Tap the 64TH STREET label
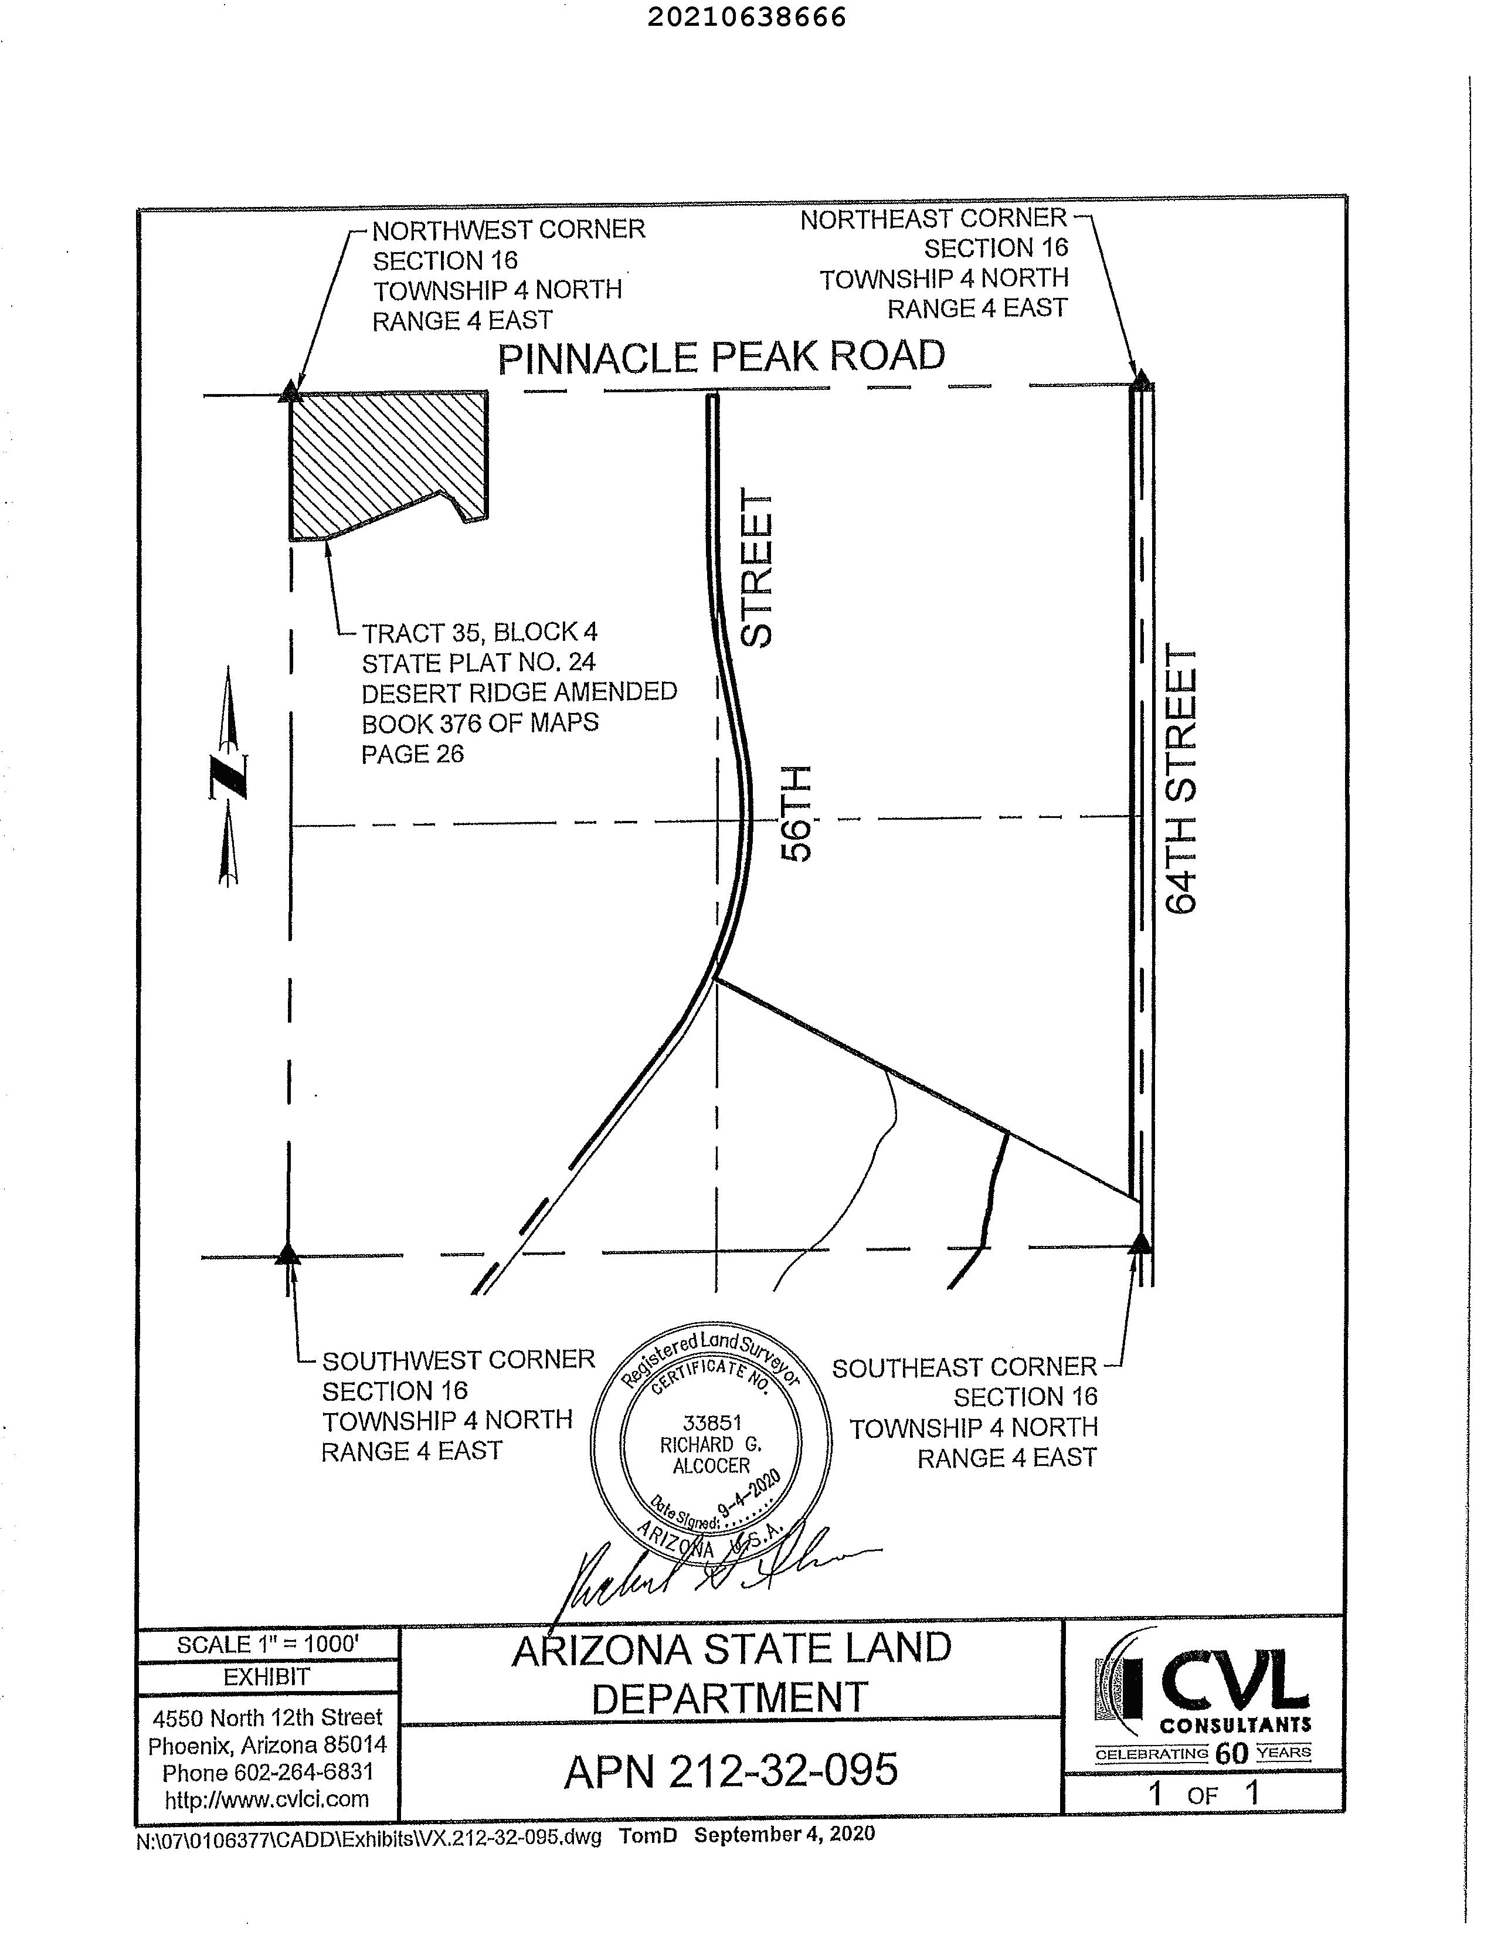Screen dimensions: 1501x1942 point(1182,779)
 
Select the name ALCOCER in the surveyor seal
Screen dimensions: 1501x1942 point(711,1465)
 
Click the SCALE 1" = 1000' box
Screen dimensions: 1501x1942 point(267,1645)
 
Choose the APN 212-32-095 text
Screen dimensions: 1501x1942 point(731,1770)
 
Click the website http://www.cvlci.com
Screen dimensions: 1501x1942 point(267,1800)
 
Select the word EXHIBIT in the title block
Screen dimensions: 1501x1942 point(267,1677)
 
